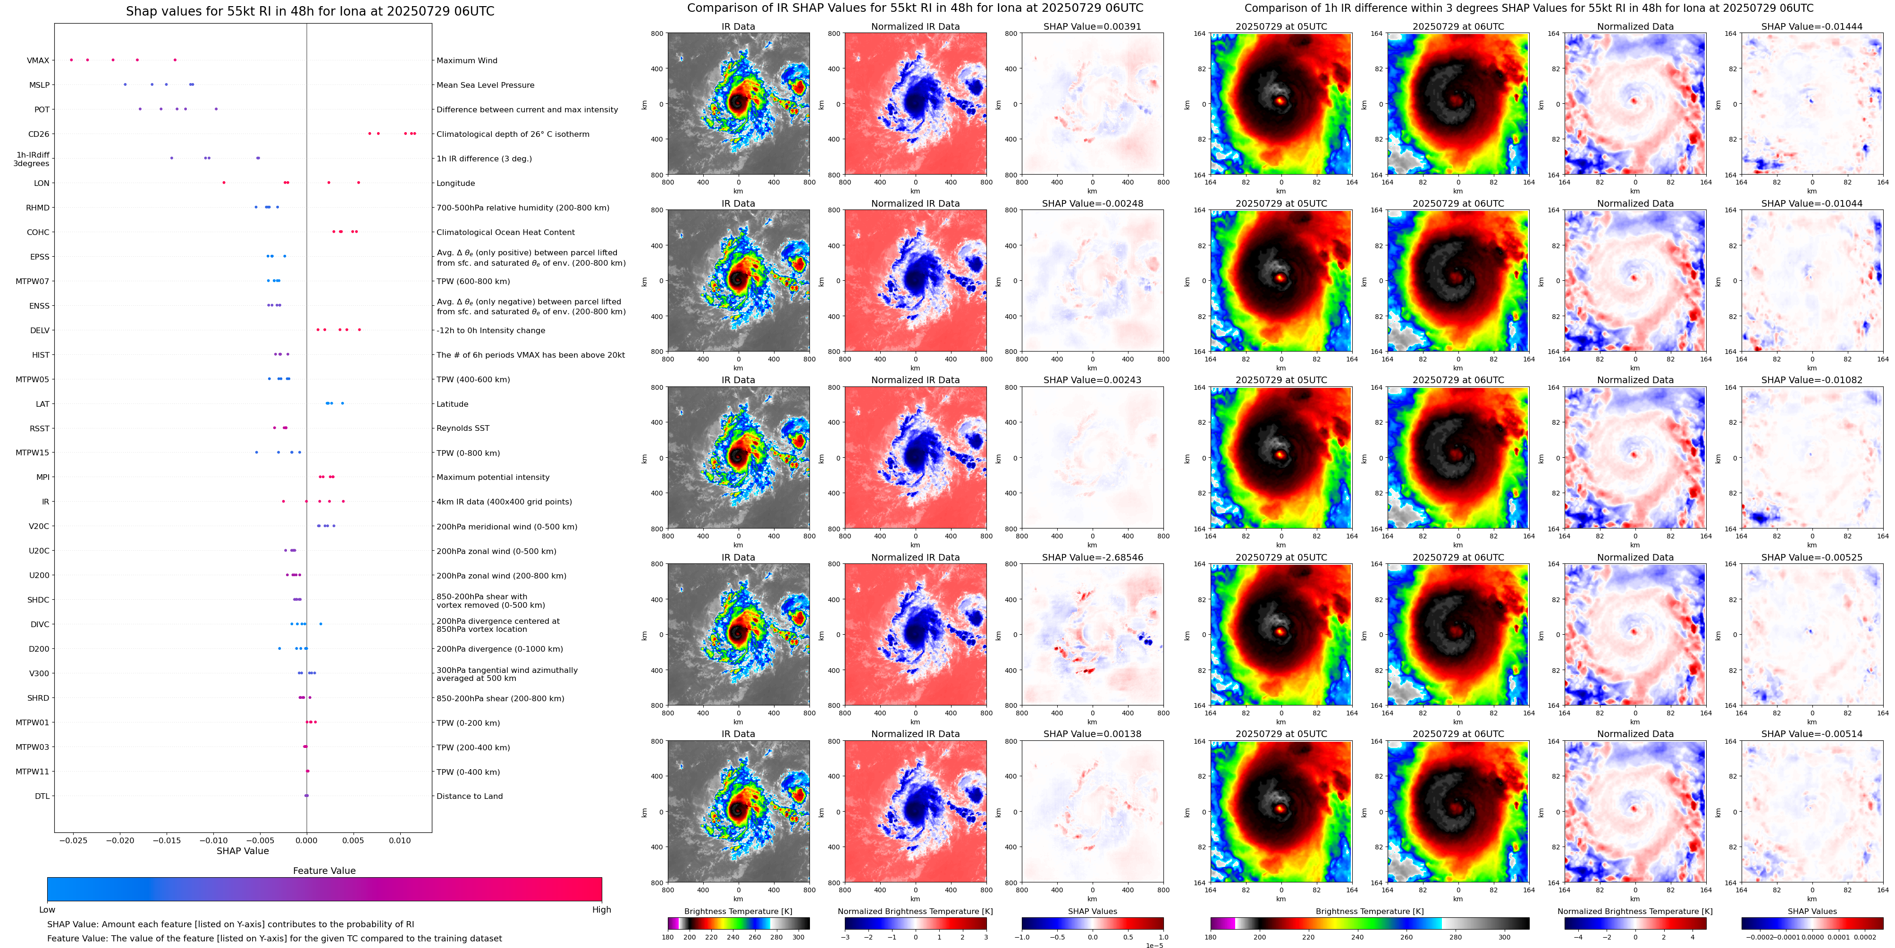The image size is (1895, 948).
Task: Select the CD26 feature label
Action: (x=38, y=134)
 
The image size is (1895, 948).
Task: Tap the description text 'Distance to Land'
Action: (x=469, y=796)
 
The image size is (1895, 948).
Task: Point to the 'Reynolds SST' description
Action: (x=463, y=428)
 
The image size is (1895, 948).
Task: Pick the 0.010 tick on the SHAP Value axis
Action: (x=400, y=840)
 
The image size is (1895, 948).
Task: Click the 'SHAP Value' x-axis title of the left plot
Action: (x=243, y=851)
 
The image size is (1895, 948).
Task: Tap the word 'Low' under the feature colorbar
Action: (x=47, y=910)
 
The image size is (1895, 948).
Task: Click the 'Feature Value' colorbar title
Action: (x=324, y=871)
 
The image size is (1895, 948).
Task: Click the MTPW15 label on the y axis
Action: (x=33, y=453)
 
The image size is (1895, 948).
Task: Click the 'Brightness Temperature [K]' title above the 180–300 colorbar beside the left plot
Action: (x=738, y=911)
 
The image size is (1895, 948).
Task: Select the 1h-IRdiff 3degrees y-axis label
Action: (x=32, y=159)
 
